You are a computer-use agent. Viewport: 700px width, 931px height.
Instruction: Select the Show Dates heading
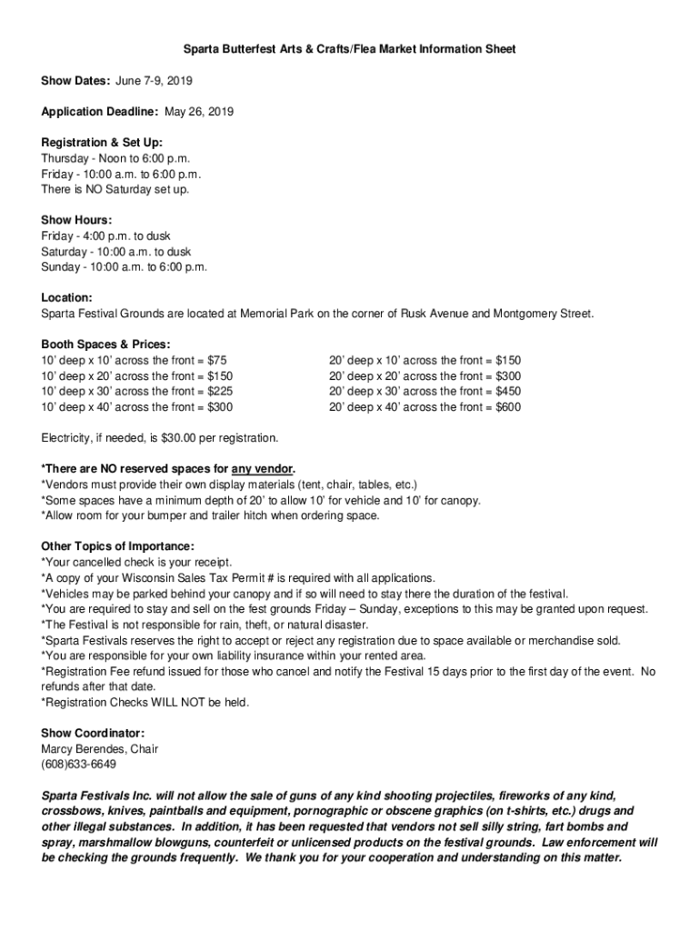(x=75, y=81)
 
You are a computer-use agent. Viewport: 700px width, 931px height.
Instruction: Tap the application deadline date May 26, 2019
(x=198, y=112)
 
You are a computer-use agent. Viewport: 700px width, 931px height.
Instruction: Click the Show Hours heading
(x=77, y=220)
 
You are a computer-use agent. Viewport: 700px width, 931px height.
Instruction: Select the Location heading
(x=67, y=297)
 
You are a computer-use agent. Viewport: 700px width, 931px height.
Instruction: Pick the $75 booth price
(x=217, y=360)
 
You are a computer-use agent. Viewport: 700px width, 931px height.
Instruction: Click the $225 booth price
(x=221, y=391)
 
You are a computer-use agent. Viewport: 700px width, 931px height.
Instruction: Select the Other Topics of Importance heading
(x=117, y=546)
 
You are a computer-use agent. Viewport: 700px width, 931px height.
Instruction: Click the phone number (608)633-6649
(x=78, y=765)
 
